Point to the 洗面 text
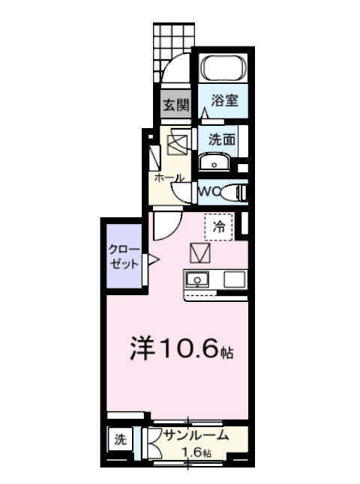tap(223, 139)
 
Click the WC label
tap(208, 193)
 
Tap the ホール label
tap(169, 179)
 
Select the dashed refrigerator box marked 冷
tap(219, 226)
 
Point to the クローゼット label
tap(123, 256)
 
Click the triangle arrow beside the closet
tap(152, 261)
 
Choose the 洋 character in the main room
tap(143, 348)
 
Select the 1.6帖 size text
tap(197, 453)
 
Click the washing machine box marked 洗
tap(120, 440)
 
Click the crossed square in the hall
tap(178, 142)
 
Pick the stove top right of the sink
tap(232, 280)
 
